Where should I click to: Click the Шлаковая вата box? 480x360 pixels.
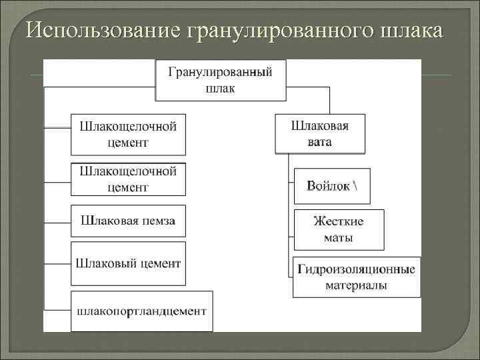320,133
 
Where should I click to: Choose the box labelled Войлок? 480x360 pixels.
331,185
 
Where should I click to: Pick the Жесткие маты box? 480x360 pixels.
339,229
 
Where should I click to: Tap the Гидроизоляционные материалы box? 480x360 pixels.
357,277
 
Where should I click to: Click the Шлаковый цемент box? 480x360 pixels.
128,264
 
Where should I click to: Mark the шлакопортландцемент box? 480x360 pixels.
141,311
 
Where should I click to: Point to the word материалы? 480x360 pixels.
357,285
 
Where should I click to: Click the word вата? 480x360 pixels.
320,142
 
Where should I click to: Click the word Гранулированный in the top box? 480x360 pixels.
220,72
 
